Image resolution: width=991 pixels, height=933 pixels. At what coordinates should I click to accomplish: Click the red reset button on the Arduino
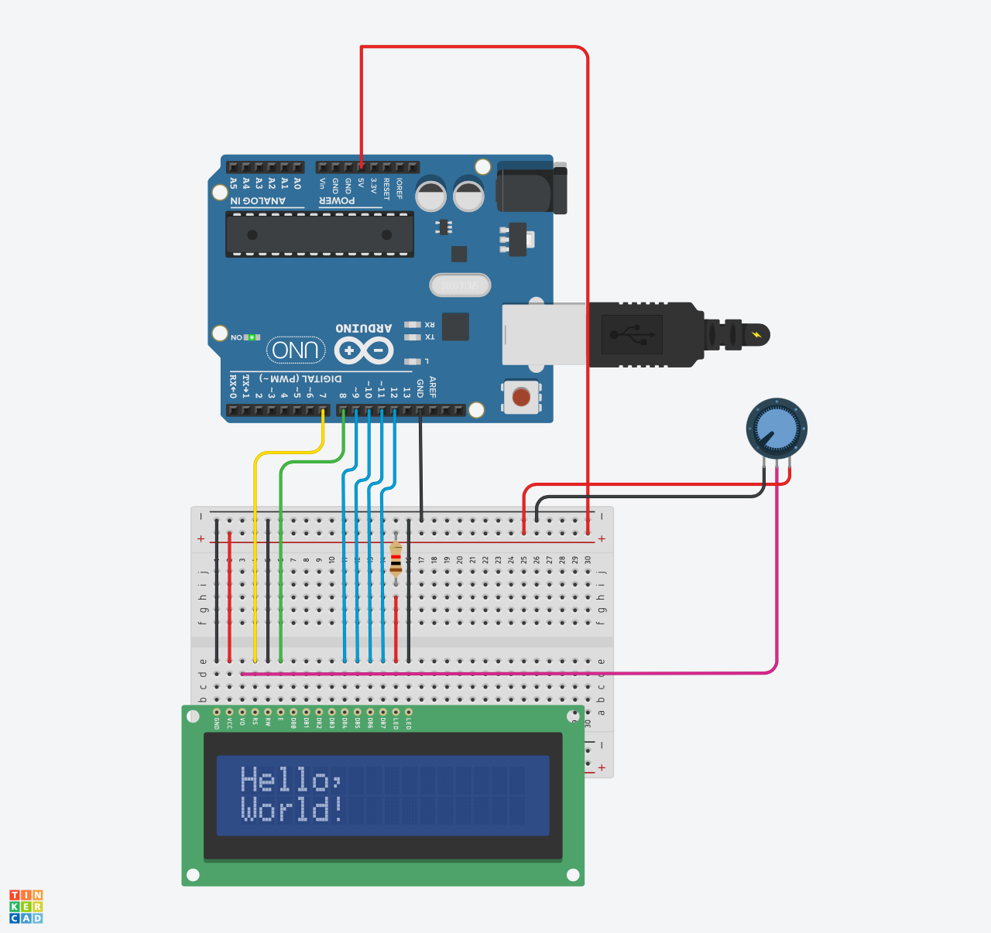[x=521, y=397]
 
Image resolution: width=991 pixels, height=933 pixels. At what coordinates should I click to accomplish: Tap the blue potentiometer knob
[x=777, y=429]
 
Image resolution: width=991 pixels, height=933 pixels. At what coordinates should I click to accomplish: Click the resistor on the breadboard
[x=396, y=559]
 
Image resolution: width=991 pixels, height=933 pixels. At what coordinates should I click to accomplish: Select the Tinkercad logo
[x=26, y=907]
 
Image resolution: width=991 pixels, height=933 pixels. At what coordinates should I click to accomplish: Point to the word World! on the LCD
[x=292, y=809]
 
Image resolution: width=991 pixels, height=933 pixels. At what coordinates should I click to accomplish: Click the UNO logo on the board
[x=296, y=350]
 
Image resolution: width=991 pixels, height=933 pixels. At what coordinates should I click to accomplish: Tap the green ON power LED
[x=252, y=337]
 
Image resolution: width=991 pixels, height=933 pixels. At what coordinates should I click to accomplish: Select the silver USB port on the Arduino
[x=544, y=334]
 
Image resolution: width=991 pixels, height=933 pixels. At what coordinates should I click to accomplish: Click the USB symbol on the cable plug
[x=632, y=335]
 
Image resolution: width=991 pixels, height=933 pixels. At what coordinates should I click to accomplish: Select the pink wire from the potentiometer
[x=777, y=588]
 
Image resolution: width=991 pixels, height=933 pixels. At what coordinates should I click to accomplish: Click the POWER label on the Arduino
[x=337, y=201]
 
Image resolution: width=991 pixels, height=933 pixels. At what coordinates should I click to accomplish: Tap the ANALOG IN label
[x=258, y=201]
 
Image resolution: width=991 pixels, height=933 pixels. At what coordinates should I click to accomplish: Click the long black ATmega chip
[x=319, y=234]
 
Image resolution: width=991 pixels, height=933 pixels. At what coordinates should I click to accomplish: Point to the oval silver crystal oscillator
[x=460, y=285]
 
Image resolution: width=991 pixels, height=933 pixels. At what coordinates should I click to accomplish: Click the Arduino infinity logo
[x=364, y=351]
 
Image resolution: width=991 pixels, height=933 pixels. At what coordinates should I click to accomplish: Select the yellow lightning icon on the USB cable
[x=756, y=335]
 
